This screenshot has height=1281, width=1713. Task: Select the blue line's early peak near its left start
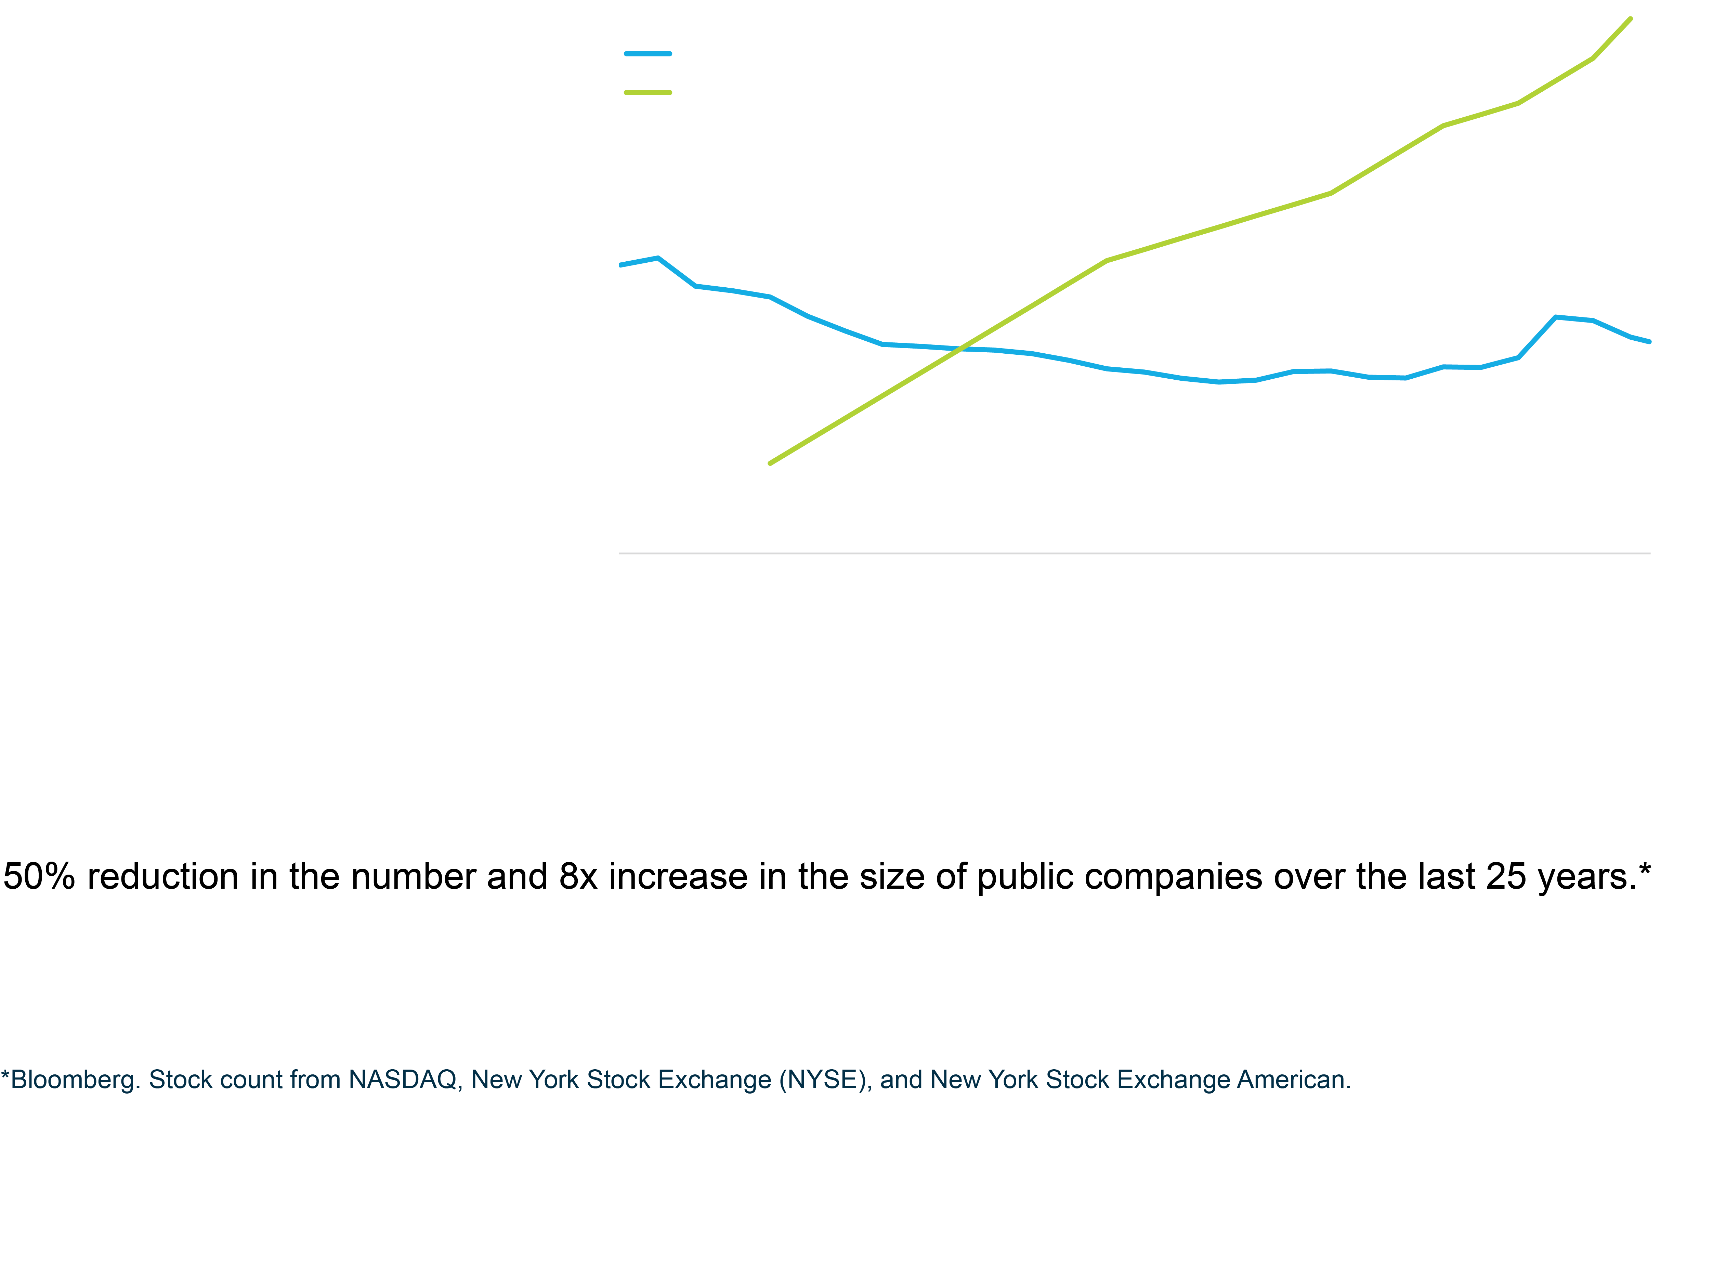(x=657, y=258)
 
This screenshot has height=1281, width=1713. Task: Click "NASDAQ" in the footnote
(x=403, y=1080)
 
